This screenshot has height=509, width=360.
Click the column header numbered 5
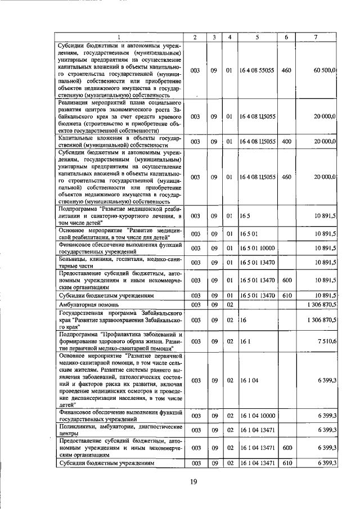pyautogui.click(x=257, y=37)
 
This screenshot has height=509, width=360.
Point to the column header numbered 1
pyautogui.click(x=119, y=37)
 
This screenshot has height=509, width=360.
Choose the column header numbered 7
pyautogui.click(x=316, y=37)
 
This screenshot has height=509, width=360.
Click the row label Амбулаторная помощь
pyautogui.click(x=83, y=304)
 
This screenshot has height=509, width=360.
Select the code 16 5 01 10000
pyautogui.click(x=257, y=247)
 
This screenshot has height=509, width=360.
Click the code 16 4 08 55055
pyautogui.click(x=257, y=70)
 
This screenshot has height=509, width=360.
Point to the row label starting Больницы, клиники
pyautogui.click(x=119, y=262)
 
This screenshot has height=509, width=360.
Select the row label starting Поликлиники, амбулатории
pyautogui.click(x=119, y=430)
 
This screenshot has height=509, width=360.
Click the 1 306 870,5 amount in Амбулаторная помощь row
pyautogui.click(x=318, y=304)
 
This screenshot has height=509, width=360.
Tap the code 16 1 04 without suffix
pyautogui.click(x=248, y=381)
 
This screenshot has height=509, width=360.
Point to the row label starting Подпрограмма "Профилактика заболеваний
pyautogui.click(x=119, y=341)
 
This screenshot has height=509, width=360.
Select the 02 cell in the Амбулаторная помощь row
pyautogui.click(x=229, y=304)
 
